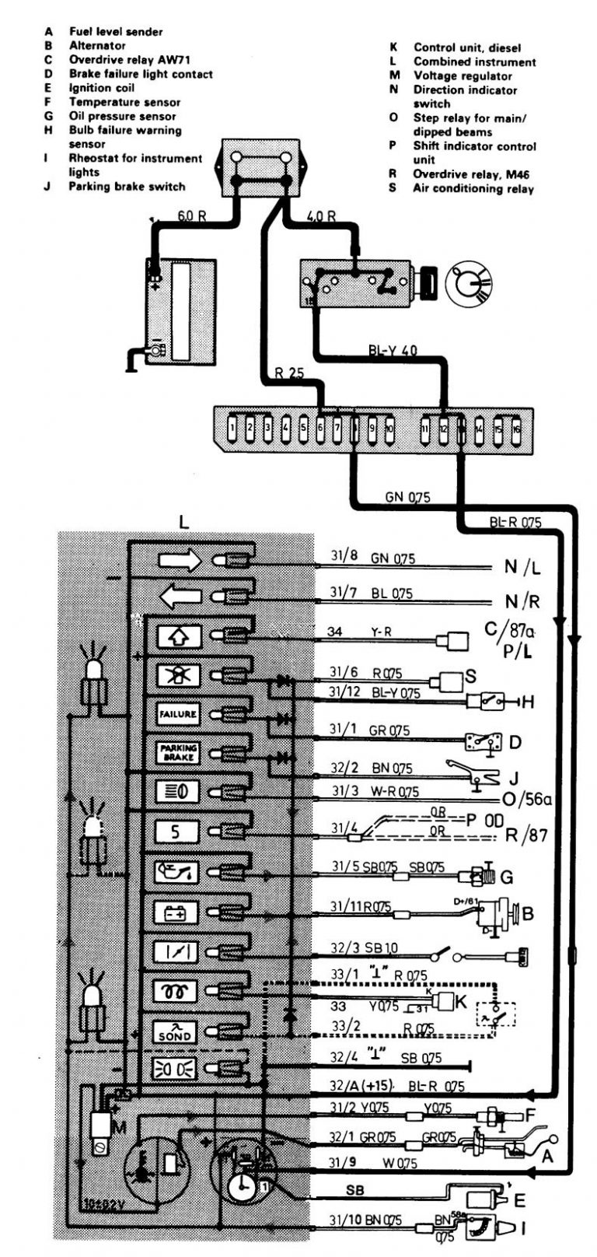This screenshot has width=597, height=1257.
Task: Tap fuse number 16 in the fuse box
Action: [515, 428]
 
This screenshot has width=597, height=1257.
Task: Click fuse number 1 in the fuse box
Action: [233, 428]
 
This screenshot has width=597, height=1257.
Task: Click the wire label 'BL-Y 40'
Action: [393, 351]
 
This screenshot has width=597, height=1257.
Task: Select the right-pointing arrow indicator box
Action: [180, 561]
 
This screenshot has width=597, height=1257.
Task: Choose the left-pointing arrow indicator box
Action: [180, 597]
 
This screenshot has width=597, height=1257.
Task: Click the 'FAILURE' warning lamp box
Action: [178, 713]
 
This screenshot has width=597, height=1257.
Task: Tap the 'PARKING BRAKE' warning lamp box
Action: [178, 752]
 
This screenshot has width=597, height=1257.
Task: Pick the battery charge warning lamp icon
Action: [176, 912]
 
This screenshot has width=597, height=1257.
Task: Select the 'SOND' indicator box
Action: [176, 1032]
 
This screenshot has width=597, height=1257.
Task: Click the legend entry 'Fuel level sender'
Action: [116, 32]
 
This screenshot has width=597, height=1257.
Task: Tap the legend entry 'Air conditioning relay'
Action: [473, 188]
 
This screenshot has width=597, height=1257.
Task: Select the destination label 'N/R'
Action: [522, 601]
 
